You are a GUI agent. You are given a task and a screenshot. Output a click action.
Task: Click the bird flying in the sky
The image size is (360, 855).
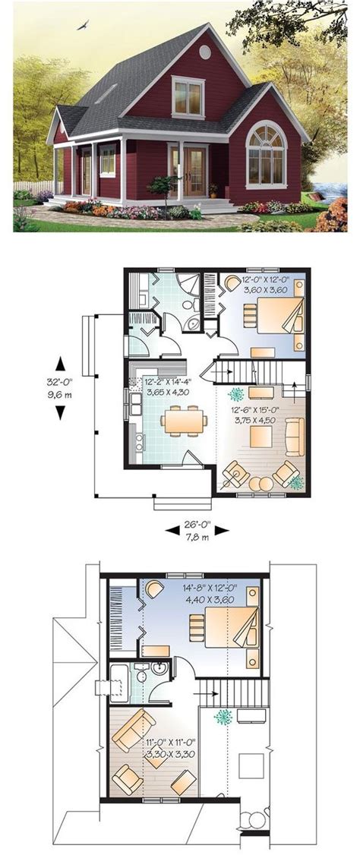coord(83,24)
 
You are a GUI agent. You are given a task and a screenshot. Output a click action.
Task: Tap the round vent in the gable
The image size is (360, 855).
coord(205,52)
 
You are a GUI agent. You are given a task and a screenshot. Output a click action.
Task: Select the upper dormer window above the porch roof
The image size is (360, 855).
coord(188,96)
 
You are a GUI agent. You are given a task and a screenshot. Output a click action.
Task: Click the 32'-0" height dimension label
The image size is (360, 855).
coord(59,382)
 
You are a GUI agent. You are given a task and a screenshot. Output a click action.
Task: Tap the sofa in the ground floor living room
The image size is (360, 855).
coord(295,436)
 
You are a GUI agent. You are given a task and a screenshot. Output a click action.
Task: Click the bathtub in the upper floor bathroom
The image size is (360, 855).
coord(120,682)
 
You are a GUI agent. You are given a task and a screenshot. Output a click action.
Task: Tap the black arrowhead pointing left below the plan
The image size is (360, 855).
coord(172,529)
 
